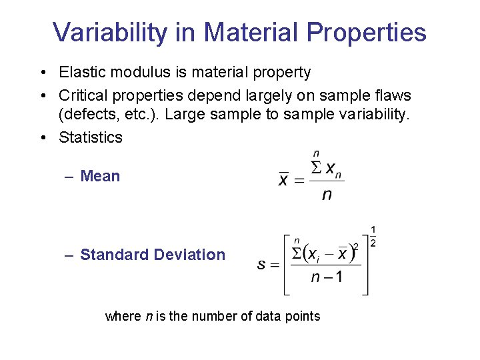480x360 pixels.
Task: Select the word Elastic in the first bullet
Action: pos(81,71)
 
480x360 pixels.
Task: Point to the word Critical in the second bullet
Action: pos(82,95)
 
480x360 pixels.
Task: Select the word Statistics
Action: pos(91,137)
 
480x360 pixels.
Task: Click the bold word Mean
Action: pos(100,176)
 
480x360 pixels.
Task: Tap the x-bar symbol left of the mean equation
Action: pos(284,180)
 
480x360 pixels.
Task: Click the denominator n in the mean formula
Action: pos(327,195)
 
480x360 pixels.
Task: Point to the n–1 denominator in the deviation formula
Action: pos(327,277)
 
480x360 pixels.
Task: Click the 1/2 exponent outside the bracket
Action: pos(373,237)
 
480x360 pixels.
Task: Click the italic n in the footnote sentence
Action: pos(148,316)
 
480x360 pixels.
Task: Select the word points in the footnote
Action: pos(303,316)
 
